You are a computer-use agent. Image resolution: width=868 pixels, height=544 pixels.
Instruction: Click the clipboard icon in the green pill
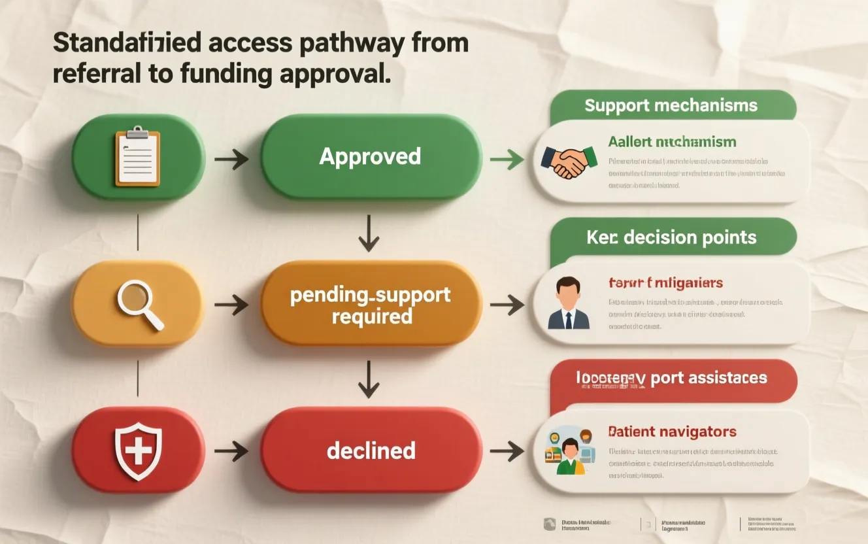(137, 157)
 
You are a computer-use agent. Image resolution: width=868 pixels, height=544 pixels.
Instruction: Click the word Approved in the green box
(370, 157)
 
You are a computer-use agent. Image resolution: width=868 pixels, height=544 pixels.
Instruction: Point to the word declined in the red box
(371, 450)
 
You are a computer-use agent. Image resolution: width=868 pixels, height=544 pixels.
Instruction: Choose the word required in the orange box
(371, 317)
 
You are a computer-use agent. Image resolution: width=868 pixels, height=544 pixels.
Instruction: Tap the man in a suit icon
(568, 303)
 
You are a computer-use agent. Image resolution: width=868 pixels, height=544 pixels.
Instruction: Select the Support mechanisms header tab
(671, 106)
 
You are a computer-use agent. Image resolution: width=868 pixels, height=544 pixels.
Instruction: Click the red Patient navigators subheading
(672, 432)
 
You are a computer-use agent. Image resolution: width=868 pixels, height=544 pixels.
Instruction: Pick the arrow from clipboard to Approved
(231, 158)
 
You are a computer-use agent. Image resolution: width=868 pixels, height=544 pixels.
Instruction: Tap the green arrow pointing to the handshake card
(507, 158)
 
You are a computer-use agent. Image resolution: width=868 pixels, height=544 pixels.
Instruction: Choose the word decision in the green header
(660, 237)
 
